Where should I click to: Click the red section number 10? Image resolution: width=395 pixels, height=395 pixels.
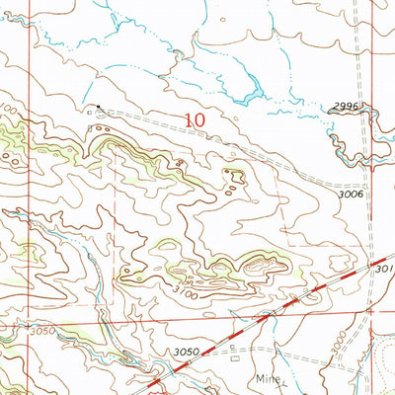click(195, 119)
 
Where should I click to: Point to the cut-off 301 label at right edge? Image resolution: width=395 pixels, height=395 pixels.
click(384, 267)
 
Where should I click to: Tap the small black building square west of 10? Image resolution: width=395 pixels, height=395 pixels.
click(97, 105)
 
